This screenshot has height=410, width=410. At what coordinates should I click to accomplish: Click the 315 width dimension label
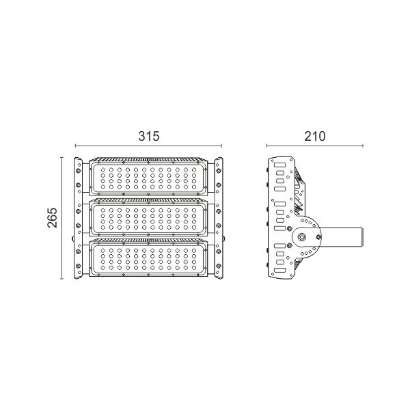pyautogui.click(x=148, y=135)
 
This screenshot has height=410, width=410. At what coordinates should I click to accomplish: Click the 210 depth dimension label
pyautogui.click(x=314, y=135)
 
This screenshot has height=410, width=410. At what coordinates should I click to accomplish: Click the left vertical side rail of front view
pyautogui.click(x=78, y=219)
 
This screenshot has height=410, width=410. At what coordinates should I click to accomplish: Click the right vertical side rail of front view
pyautogui.click(x=219, y=219)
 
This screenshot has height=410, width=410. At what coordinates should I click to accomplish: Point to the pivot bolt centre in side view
pyautogui.click(x=301, y=236)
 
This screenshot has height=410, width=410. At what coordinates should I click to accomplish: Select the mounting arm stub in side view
pyautogui.click(x=342, y=236)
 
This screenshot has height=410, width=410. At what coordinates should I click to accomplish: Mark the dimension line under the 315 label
pyautogui.click(x=148, y=146)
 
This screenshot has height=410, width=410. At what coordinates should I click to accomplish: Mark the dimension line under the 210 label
pyautogui.click(x=314, y=146)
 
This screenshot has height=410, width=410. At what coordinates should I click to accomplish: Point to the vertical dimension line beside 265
pyautogui.click(x=63, y=218)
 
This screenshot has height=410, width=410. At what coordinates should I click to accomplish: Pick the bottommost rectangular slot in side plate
pyautogui.click(x=277, y=271)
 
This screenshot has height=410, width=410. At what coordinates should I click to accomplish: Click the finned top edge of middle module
pyautogui.click(x=148, y=201)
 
